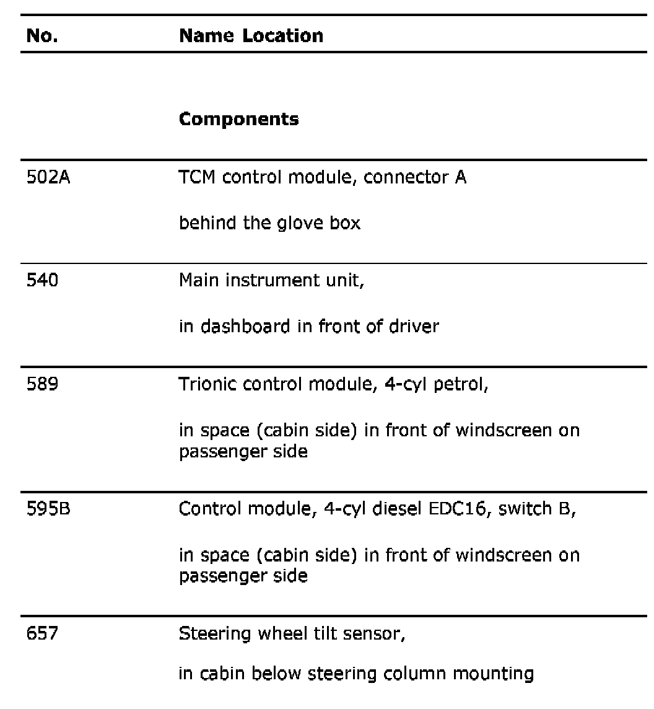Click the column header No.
click(41, 36)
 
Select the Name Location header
click(251, 36)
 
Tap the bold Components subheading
click(238, 119)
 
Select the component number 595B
click(47, 509)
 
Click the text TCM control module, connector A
click(323, 178)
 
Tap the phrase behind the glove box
click(269, 222)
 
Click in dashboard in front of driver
click(308, 326)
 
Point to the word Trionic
click(208, 385)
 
